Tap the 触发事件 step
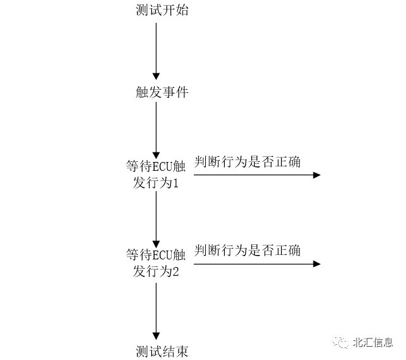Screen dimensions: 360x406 point(162,92)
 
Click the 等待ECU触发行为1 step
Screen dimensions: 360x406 point(156,175)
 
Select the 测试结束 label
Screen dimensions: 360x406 point(162,351)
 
